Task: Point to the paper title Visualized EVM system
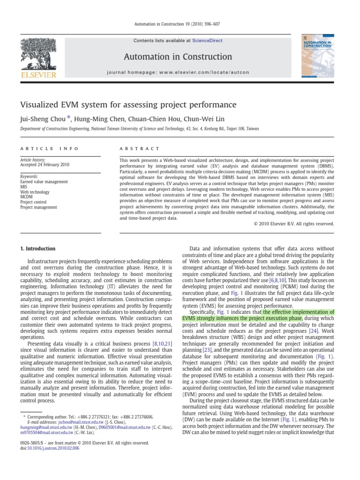pos(127,105)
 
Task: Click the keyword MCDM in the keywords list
pos(27,197)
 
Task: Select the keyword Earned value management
pos(44,181)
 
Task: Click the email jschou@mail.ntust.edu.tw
pos(69,421)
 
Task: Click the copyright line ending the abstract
pos(294,224)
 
